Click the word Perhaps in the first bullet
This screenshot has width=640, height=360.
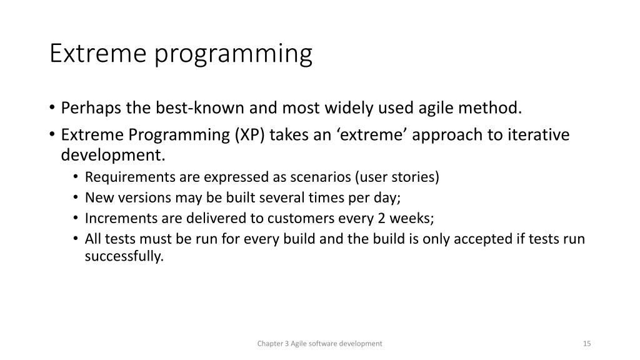[x=91, y=108]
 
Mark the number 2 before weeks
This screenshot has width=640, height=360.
[x=382, y=218]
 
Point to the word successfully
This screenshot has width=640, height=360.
[x=124, y=256]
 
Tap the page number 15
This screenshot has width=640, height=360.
[x=587, y=344]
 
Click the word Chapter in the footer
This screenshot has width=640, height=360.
[x=270, y=344]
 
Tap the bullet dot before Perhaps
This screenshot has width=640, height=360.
[x=52, y=108]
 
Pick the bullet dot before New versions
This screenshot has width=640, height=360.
[x=76, y=197]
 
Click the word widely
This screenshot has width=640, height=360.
[x=349, y=108]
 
